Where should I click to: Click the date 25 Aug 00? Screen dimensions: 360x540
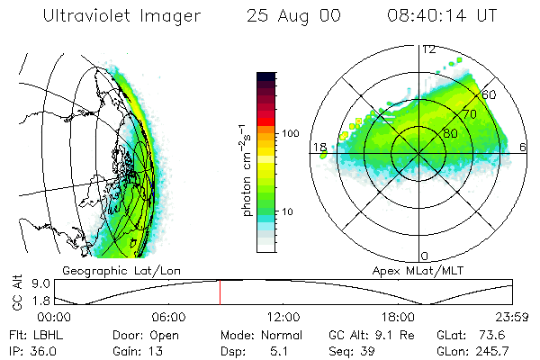point(287,17)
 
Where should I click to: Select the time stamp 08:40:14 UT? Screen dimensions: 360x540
point(440,17)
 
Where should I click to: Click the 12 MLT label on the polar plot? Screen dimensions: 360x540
point(428,49)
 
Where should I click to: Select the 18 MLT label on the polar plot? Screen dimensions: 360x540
point(319,147)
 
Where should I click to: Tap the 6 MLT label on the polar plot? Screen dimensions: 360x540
point(525,147)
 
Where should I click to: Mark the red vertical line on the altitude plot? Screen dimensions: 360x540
point(219,292)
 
